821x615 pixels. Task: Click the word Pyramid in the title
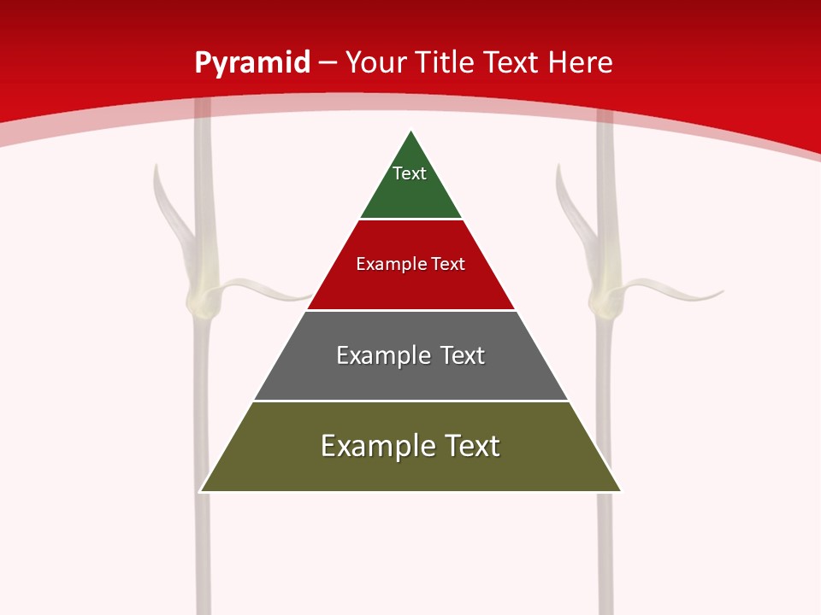252,63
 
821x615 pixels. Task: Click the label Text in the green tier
410,173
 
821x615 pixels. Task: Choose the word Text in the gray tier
463,355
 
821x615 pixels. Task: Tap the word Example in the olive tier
373,446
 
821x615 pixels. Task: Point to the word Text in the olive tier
471,446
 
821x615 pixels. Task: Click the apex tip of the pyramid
411,132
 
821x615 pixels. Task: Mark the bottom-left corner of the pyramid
202,490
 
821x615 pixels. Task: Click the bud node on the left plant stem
203,299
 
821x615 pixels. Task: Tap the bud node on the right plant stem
604,298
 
